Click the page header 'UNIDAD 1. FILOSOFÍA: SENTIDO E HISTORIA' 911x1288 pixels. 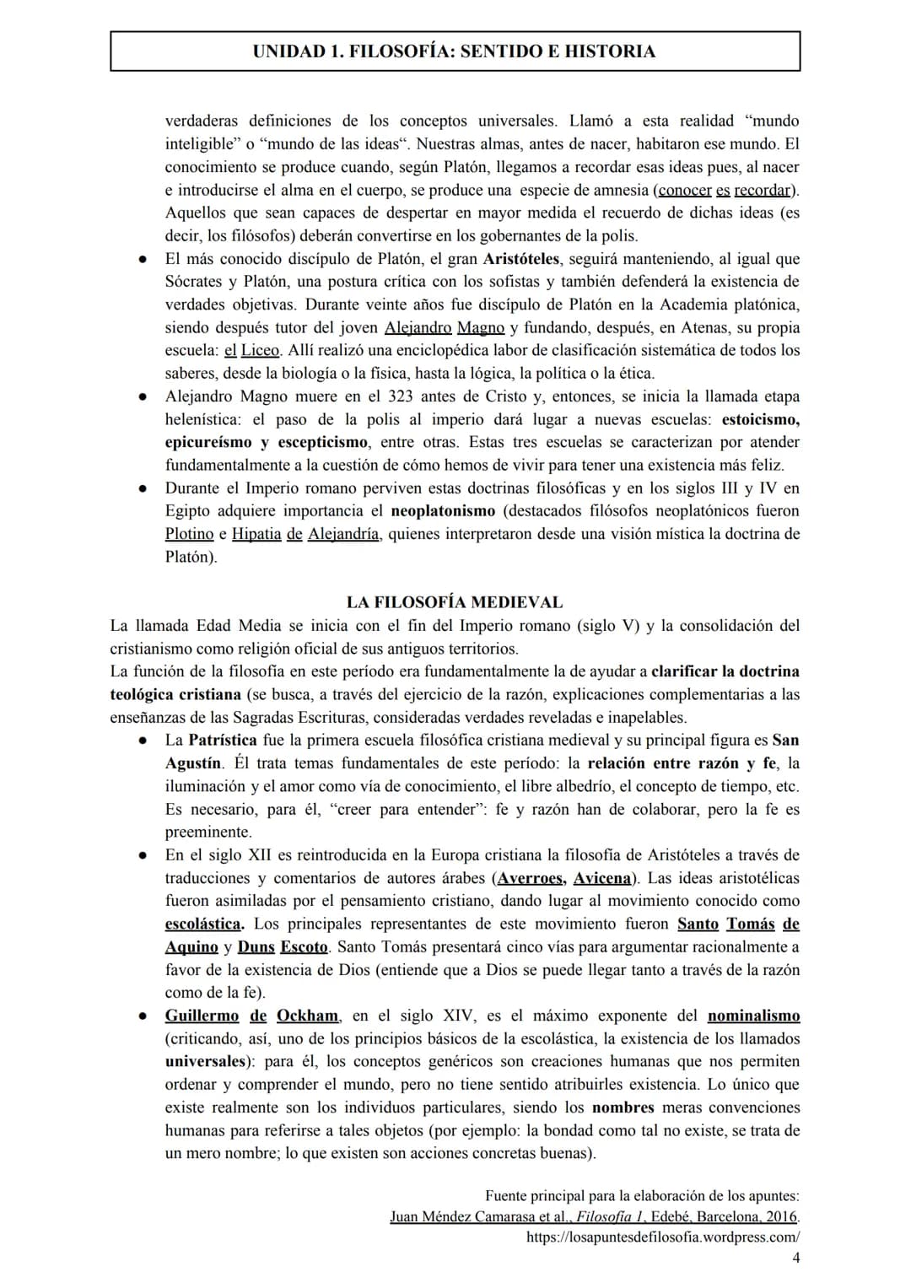[x=454, y=51]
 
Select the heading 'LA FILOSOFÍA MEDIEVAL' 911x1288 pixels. [x=454, y=602]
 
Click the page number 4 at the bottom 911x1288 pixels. [x=795, y=1258]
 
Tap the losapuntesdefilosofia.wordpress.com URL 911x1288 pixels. [x=662, y=1237]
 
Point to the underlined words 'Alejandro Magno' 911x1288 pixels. [x=444, y=327]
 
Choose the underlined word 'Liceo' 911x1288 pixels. [x=260, y=350]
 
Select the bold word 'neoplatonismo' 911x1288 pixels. [x=443, y=510]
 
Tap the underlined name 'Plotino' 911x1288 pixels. [x=189, y=534]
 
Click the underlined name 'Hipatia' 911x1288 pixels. [x=256, y=534]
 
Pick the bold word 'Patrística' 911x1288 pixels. [x=223, y=741]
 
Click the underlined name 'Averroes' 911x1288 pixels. [x=531, y=878]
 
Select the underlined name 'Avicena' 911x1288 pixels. [x=601, y=878]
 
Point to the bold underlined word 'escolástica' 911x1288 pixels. [x=203, y=924]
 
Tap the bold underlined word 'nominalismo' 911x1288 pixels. [x=753, y=1016]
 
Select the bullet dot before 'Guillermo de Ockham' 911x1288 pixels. [x=144, y=1016]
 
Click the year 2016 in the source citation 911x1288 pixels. [x=780, y=1217]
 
